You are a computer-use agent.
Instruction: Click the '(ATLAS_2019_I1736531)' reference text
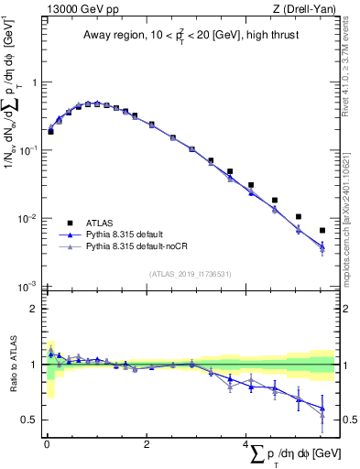[x=191, y=274]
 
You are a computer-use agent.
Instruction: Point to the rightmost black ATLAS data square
[x=322, y=230]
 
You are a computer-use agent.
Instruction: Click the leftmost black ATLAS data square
[x=50, y=131]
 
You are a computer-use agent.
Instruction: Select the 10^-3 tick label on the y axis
[x=29, y=287]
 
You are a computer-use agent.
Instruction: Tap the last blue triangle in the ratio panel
[x=322, y=408]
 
